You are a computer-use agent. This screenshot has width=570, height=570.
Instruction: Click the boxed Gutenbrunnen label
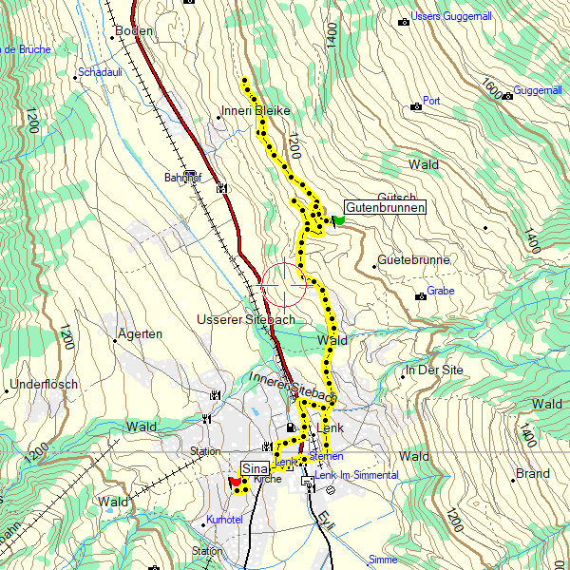coord(384,207)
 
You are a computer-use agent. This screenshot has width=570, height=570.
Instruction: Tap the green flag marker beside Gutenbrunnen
coord(337,220)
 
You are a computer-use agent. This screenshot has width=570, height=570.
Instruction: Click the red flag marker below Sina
coord(235,482)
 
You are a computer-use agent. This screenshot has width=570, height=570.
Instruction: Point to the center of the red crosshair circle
coord(283,285)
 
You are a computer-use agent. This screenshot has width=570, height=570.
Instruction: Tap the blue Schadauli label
coord(101,72)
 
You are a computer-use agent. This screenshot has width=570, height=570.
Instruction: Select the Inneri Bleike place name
coord(256,110)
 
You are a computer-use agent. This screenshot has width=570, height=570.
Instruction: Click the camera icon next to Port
coord(416,105)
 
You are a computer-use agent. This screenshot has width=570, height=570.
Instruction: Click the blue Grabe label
coord(441,292)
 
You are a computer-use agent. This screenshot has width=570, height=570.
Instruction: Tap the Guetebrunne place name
coord(413,260)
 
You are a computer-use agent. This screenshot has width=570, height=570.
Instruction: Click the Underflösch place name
coord(44,385)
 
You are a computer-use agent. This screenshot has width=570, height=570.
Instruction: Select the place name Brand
coord(532,473)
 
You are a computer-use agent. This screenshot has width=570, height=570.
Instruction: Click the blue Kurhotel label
coord(224,521)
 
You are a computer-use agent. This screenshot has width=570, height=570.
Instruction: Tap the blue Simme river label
coord(383,560)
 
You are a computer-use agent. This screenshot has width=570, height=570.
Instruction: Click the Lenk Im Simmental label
coord(356,474)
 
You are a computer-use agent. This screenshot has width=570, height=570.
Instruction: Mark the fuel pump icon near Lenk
coord(290,428)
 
